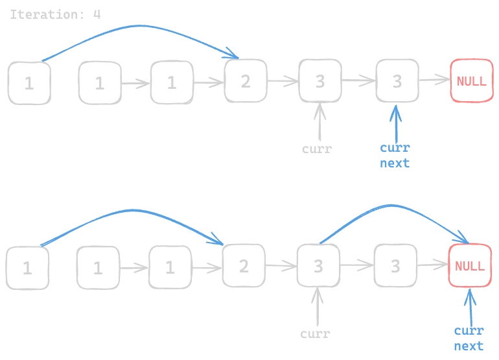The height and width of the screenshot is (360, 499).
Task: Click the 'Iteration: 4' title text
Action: (55, 14)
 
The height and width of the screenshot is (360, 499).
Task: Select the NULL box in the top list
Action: (471, 81)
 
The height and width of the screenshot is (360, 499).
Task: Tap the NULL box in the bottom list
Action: (469, 266)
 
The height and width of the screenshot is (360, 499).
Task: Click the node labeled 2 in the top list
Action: (245, 81)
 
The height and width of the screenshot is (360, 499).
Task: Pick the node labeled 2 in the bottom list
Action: (244, 266)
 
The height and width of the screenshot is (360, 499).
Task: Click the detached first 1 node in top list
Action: (29, 83)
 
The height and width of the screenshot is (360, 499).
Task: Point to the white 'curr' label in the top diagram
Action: (317, 149)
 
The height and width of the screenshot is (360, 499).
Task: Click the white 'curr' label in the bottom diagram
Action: (316, 335)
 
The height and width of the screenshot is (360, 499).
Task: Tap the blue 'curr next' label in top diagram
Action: (395, 156)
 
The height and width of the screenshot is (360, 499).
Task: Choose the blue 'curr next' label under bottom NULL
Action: (469, 339)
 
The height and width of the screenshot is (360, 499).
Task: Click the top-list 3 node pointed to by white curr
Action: (319, 81)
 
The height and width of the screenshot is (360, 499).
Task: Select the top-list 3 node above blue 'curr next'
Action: (397, 81)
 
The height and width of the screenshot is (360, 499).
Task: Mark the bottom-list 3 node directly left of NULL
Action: (395, 266)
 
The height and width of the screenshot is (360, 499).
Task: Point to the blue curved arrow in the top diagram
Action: (136, 27)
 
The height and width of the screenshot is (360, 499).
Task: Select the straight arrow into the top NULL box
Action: (434, 80)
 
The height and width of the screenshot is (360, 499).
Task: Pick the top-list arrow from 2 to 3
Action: (282, 81)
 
